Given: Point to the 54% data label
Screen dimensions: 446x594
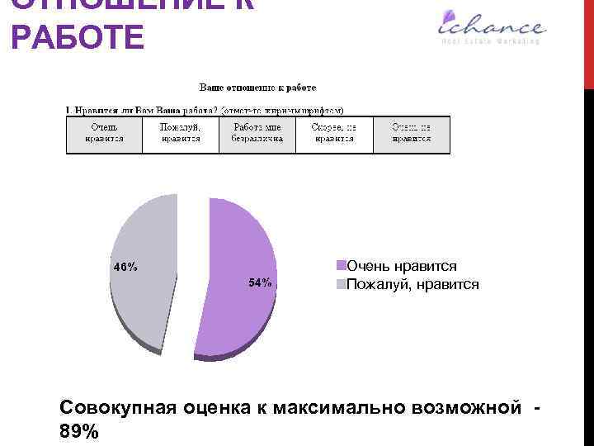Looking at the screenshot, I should [x=260, y=283].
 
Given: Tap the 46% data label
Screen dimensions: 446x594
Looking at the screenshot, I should [x=125, y=267].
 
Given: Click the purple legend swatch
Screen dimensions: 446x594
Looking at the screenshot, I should [x=340, y=265].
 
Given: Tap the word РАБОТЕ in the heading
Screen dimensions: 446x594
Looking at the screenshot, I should [x=78, y=38].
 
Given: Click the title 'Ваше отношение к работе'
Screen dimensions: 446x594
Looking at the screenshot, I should [x=256, y=87].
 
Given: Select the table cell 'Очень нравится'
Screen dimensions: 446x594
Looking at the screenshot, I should [x=104, y=133].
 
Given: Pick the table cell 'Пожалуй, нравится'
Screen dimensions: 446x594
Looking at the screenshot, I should [x=181, y=133].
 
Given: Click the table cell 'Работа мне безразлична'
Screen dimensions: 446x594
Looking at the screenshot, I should [x=257, y=133].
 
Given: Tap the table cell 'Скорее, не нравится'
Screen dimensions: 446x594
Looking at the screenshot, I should [x=334, y=133].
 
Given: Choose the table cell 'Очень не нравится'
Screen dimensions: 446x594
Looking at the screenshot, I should [x=411, y=133].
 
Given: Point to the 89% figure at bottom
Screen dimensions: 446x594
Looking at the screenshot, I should [x=79, y=431].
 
